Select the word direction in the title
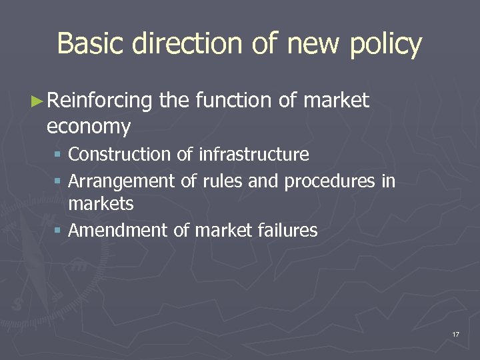click(x=189, y=44)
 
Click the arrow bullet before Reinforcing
click(x=38, y=101)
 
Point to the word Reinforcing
click(x=100, y=101)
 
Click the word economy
click(x=89, y=126)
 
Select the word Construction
click(x=120, y=155)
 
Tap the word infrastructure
click(x=253, y=155)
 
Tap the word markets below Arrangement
click(x=101, y=204)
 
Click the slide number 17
click(x=455, y=333)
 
